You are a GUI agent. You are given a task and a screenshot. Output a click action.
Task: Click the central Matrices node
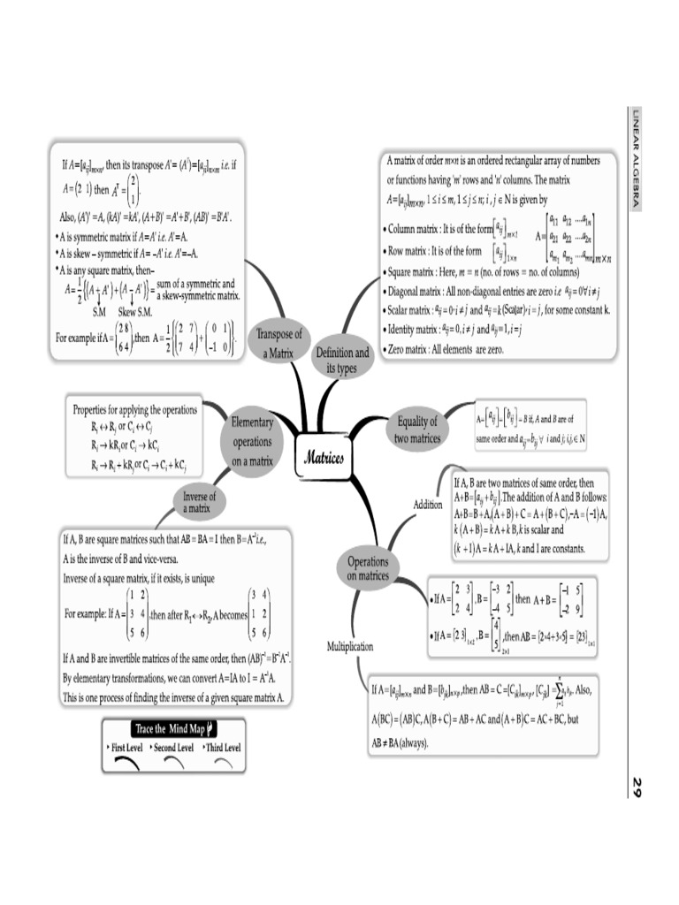pyautogui.click(x=323, y=457)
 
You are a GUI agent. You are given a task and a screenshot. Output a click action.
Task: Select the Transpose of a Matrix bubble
pyautogui.click(x=278, y=343)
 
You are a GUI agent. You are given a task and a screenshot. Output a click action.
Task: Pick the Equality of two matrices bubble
pyautogui.click(x=417, y=430)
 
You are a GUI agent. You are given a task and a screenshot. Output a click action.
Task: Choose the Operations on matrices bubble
pyautogui.click(x=368, y=568)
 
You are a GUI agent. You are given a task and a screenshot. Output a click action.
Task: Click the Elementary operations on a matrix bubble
pyautogui.click(x=252, y=441)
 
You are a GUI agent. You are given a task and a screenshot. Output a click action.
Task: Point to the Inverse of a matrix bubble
pyautogui.click(x=197, y=502)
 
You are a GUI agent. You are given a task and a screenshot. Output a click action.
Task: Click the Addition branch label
pyautogui.click(x=428, y=505)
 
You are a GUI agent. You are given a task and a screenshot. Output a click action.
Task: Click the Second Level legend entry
pyautogui.click(x=172, y=748)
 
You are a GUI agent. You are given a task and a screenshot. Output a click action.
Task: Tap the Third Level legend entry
pyautogui.click(x=221, y=748)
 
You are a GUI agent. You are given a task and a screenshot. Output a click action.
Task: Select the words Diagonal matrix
pyautogui.click(x=419, y=291)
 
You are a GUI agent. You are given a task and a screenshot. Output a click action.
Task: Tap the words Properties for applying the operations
pyautogui.click(x=134, y=410)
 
